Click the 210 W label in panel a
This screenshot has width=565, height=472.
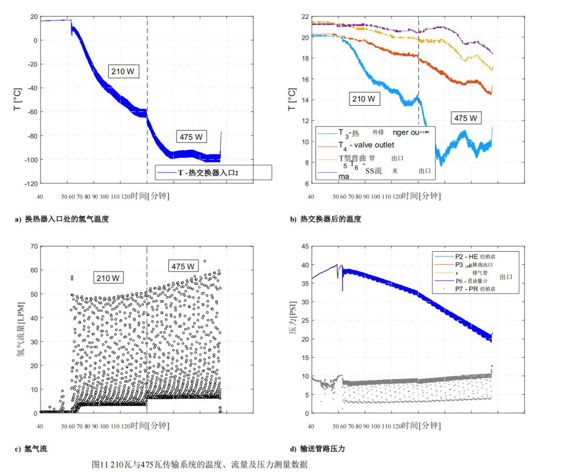point(123,71)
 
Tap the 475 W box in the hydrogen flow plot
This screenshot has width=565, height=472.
point(184,266)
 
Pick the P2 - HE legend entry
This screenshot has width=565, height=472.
point(466,256)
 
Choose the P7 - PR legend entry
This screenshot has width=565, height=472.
point(466,288)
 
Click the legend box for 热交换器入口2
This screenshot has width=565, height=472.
point(213,172)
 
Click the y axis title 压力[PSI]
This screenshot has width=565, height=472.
point(292,329)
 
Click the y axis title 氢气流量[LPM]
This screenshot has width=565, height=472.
point(19,329)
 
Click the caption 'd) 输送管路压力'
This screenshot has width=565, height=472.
point(317,449)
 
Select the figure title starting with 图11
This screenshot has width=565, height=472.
point(199,464)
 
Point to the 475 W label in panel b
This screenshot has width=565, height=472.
point(466,118)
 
